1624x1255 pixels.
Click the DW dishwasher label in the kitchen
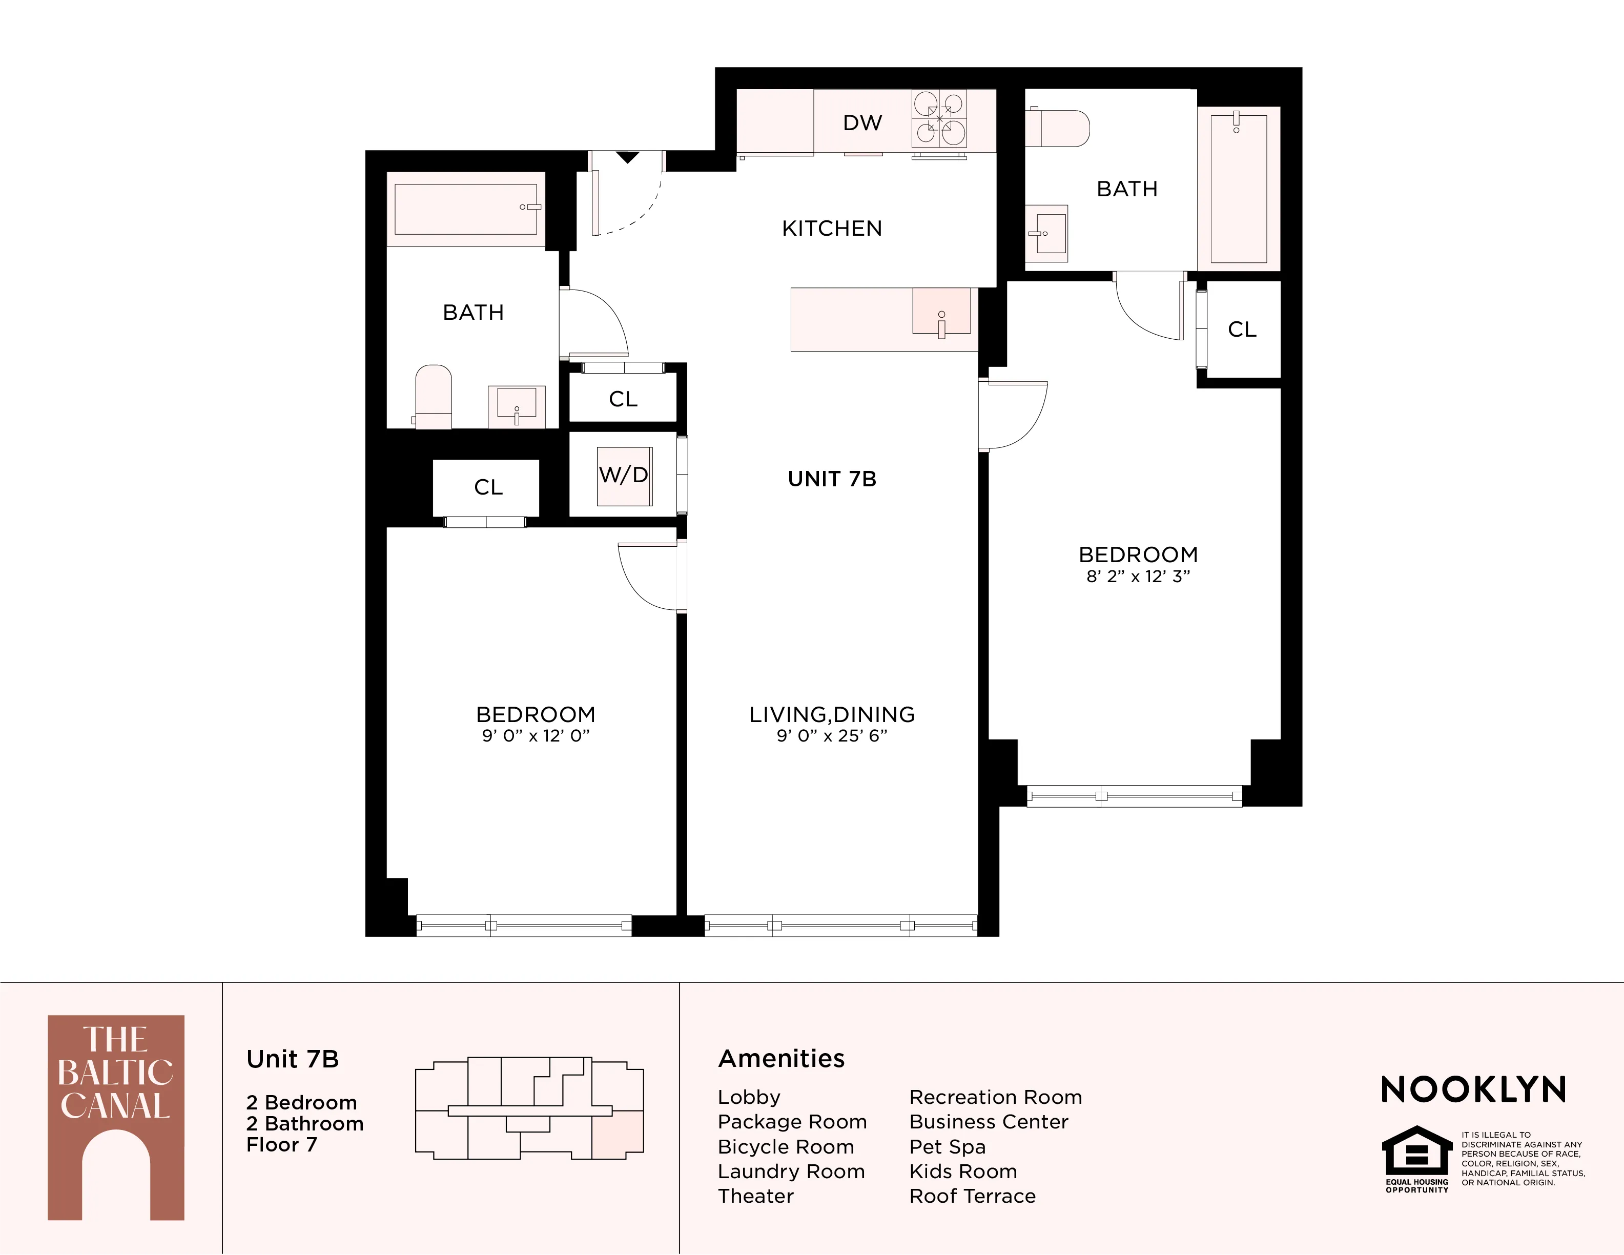pyautogui.click(x=862, y=122)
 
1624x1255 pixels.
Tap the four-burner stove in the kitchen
pyautogui.click(x=939, y=119)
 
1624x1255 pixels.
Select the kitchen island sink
pyautogui.click(x=941, y=312)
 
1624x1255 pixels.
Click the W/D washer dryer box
pyautogui.click(x=624, y=476)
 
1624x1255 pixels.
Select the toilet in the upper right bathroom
pyautogui.click(x=1060, y=129)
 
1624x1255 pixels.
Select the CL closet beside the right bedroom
pyautogui.click(x=1242, y=330)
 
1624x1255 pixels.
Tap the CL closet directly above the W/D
pyautogui.click(x=623, y=399)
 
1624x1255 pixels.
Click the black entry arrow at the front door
pyautogui.click(x=628, y=157)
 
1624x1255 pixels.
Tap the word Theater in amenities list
pyautogui.click(x=755, y=1196)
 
